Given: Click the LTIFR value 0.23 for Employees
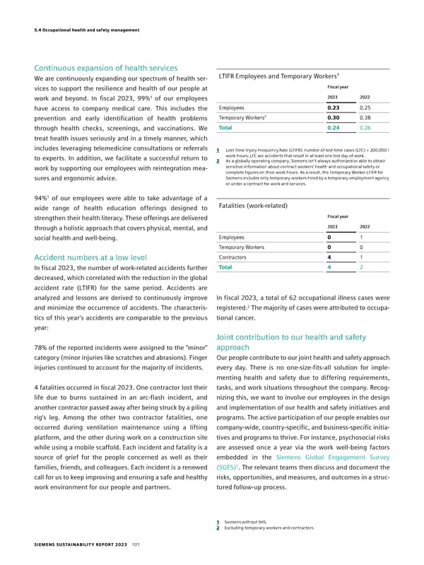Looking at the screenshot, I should pos(334,107).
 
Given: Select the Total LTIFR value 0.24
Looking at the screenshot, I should pos(334,128).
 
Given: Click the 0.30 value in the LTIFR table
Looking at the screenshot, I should pos(334,118).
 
